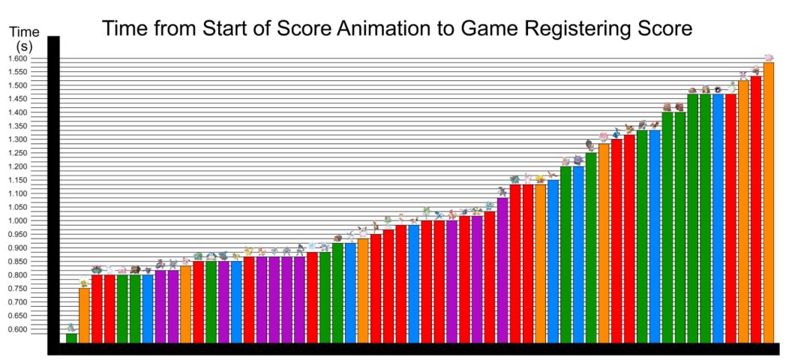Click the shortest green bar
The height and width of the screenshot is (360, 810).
coord(71,337)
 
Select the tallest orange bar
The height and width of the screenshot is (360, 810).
coord(769,202)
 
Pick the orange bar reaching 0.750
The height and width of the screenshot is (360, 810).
coord(84,315)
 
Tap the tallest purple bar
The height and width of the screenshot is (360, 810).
coord(502,270)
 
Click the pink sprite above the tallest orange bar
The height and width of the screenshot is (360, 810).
coord(768,57)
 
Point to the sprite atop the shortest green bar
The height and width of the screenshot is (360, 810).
coord(71,328)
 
